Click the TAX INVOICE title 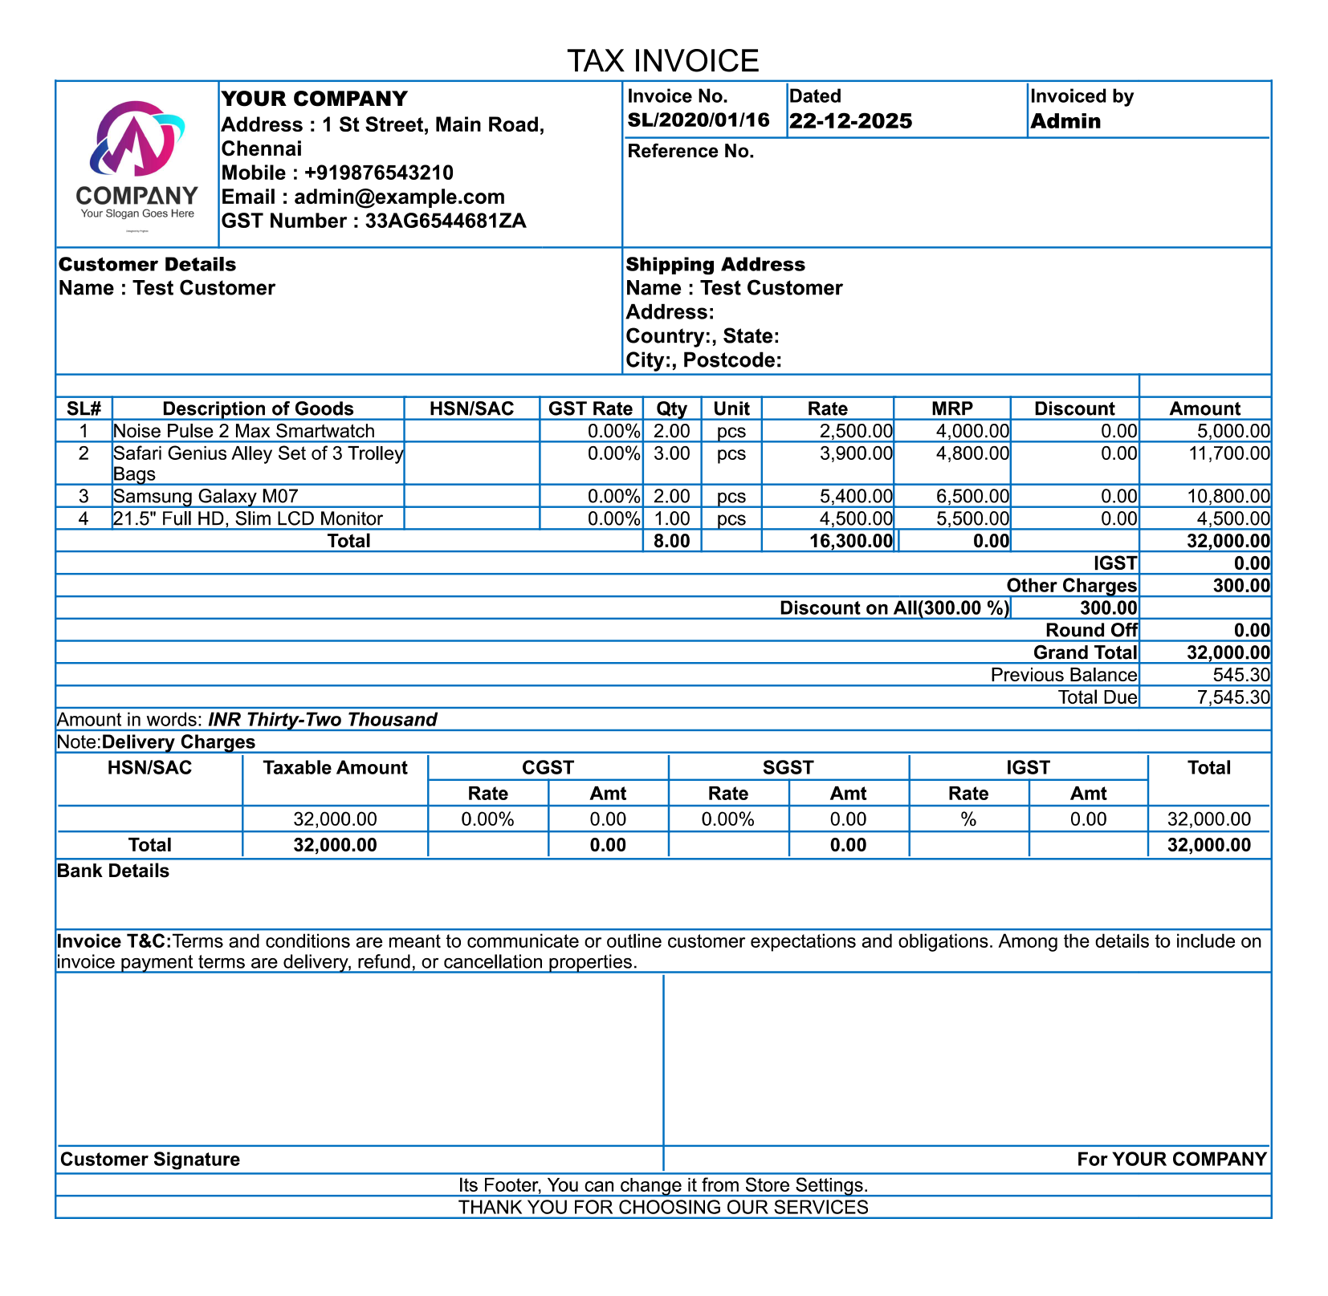coord(662,61)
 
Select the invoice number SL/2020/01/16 coord(699,121)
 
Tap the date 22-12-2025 coord(850,121)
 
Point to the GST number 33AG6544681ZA coord(446,221)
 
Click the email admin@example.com coord(399,197)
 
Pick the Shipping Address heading coord(715,265)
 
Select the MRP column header coord(951,408)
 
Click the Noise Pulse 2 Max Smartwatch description coord(244,431)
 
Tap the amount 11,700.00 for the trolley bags coord(1228,454)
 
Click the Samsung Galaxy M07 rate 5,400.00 coord(855,497)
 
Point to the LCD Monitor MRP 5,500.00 coord(972,519)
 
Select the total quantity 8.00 coord(671,541)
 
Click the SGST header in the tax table coord(788,768)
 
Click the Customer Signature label coord(150,1160)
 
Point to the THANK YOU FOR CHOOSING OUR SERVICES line coord(663,1208)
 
